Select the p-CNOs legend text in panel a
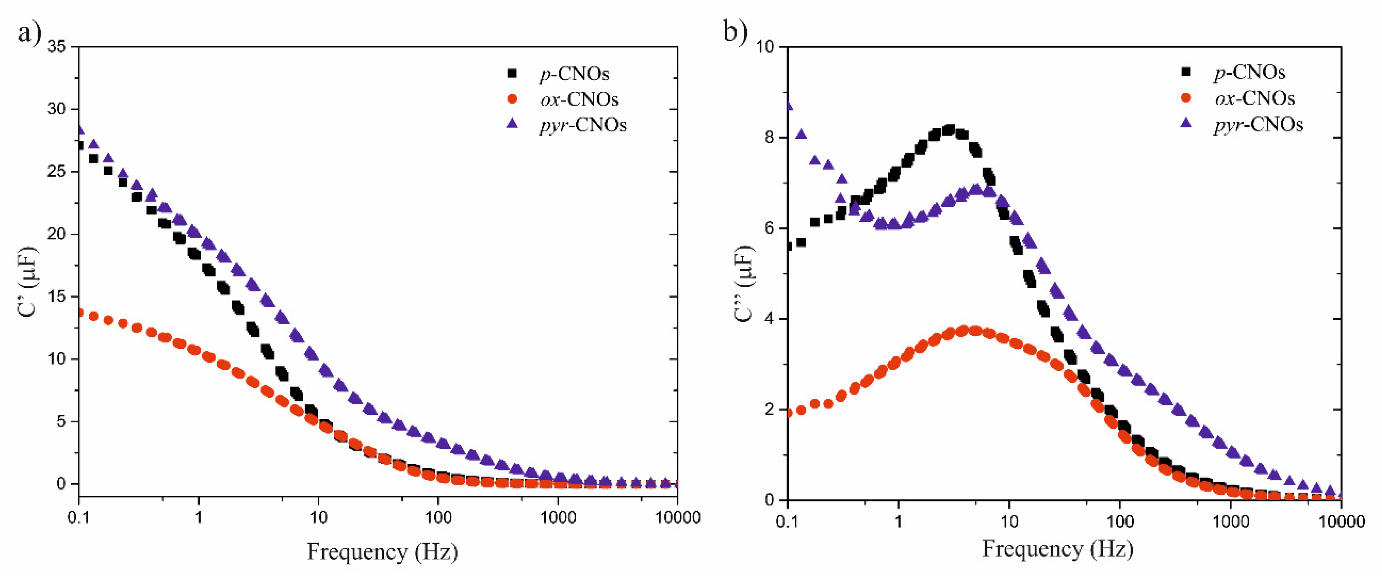pos(575,74)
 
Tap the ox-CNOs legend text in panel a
pos(579,99)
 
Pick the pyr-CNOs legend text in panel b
pos(1258,125)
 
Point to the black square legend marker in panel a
pos(512,73)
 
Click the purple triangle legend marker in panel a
pos(512,124)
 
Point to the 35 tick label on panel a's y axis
pos(57,47)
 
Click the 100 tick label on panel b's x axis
pos(1120,521)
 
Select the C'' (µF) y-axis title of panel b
pos(744,284)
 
